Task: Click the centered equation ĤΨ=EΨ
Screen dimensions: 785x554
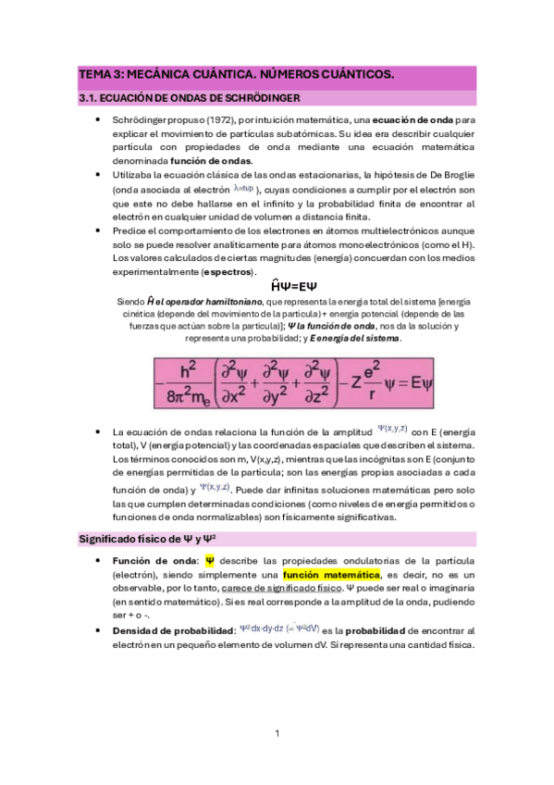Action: (277, 287)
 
